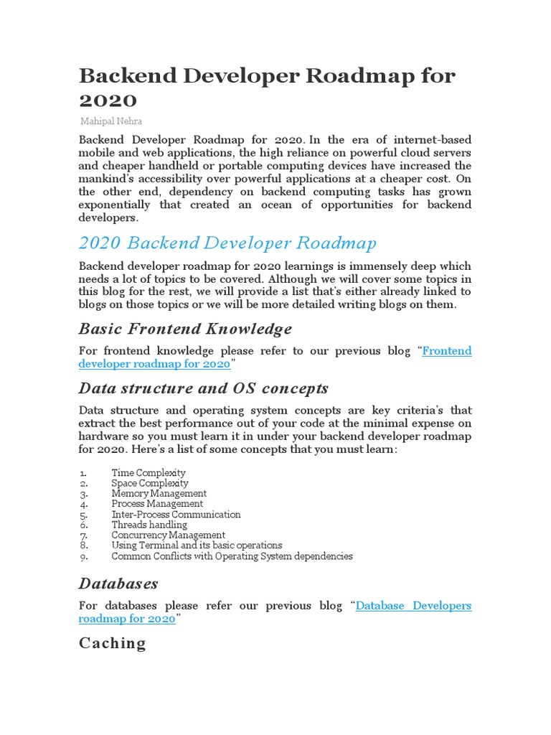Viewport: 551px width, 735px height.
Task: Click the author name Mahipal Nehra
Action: point(110,121)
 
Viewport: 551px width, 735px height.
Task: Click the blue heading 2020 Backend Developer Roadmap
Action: point(227,243)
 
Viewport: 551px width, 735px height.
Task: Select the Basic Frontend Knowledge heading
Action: point(185,329)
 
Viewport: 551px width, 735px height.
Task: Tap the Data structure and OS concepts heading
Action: point(203,388)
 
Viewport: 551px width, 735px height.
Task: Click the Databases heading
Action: point(118,583)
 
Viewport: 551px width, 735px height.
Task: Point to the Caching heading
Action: point(112,643)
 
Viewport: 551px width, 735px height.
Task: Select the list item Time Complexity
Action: point(149,473)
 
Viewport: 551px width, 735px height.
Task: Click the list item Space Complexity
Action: point(150,483)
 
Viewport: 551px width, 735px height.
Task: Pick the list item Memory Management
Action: point(159,494)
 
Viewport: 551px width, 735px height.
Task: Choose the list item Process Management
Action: point(157,504)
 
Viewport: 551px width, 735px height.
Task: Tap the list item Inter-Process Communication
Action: point(176,515)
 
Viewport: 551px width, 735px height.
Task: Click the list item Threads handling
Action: point(149,525)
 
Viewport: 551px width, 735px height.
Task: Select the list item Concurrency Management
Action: point(168,535)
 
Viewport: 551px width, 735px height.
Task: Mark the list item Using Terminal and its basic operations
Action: point(197,546)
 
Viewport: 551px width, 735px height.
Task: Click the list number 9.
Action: point(83,556)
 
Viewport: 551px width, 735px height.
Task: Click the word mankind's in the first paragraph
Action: point(105,178)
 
